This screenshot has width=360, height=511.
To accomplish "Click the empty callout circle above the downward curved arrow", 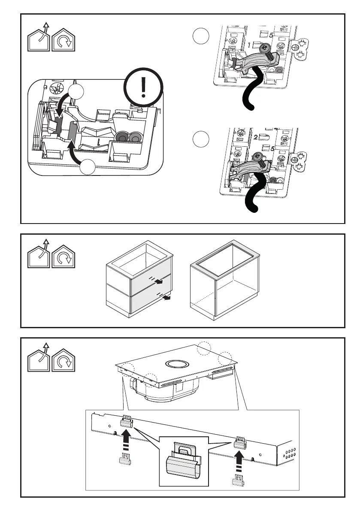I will click(76, 92).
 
